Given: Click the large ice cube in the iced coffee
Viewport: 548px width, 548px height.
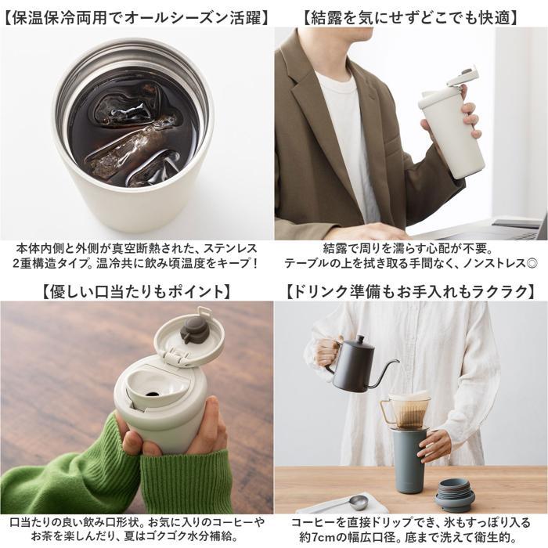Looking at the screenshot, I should tap(129, 149).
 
